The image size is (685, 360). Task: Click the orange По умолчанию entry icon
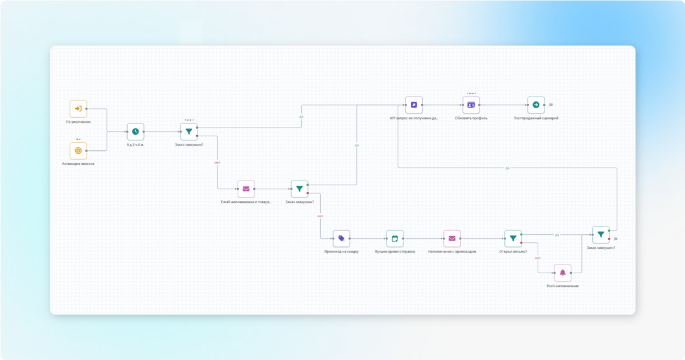[x=78, y=109]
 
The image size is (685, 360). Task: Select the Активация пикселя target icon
[x=78, y=151]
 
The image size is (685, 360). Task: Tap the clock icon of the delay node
[x=135, y=132]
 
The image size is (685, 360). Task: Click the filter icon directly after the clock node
[x=189, y=132]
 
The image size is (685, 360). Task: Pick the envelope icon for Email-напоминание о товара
[x=246, y=189]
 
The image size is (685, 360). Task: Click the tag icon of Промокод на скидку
[x=341, y=238]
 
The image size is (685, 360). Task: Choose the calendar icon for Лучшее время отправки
[x=394, y=238]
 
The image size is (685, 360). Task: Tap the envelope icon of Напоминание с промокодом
[x=452, y=238]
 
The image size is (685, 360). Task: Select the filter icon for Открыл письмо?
[x=513, y=238]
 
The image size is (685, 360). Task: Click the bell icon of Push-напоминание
[x=563, y=273]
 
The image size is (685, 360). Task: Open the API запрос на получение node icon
[x=414, y=105]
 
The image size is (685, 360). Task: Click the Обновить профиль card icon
[x=471, y=105]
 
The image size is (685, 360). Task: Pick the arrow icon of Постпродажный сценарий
[x=536, y=105]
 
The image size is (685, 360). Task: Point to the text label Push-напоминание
[x=563, y=286]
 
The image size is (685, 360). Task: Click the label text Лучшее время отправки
[x=395, y=252]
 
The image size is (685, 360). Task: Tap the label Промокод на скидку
[x=341, y=252]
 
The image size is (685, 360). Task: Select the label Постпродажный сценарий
[x=536, y=118]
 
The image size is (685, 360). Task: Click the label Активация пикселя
[x=78, y=164]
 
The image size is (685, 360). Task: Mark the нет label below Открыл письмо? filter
[x=538, y=257]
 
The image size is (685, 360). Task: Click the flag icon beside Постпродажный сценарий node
[x=551, y=105]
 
